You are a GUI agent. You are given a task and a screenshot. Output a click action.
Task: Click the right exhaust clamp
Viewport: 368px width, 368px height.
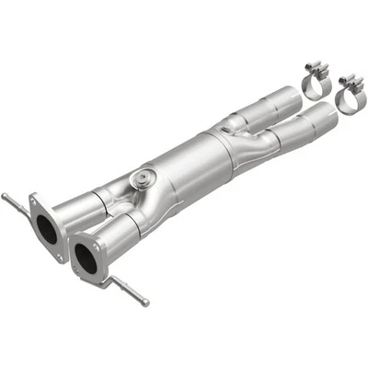(349, 93)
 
